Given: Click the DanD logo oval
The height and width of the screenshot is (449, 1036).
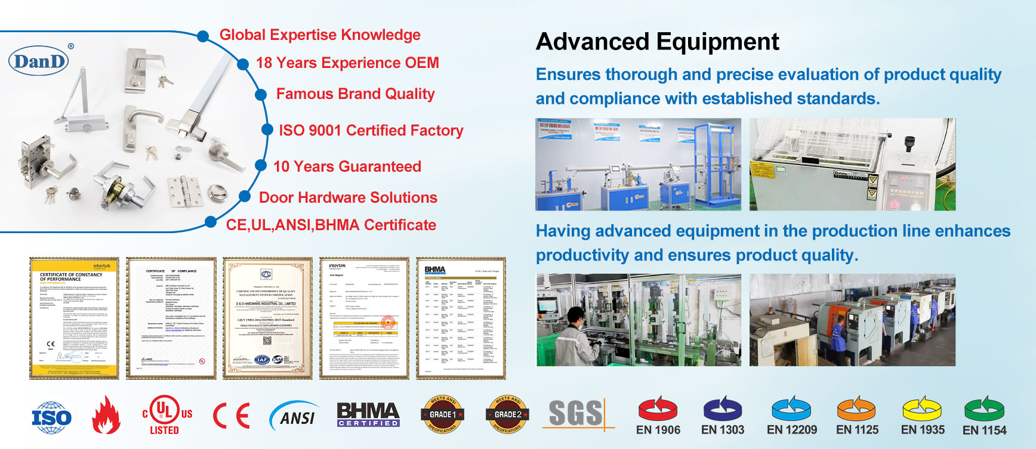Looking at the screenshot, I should point(39,61).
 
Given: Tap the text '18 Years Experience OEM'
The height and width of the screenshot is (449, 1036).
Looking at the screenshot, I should point(347,63).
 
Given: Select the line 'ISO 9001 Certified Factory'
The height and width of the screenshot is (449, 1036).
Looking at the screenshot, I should point(371,131).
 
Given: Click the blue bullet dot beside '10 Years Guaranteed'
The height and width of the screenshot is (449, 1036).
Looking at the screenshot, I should point(261,166).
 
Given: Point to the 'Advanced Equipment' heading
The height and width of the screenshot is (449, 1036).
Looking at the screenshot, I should point(657,42).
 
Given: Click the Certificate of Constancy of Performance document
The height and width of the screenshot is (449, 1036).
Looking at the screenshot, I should point(74,318).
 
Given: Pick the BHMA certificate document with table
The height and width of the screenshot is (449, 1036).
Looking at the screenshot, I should point(461,318).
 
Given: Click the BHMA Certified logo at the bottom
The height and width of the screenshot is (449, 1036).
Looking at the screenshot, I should point(368,414).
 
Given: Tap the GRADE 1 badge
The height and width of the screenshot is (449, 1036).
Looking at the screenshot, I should point(443,414).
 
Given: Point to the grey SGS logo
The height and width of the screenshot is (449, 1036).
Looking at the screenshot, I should point(576,414).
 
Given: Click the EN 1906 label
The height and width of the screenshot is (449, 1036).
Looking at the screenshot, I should point(658,430).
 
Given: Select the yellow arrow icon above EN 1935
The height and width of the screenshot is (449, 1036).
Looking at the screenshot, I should point(922,408).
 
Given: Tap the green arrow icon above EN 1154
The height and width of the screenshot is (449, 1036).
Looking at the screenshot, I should point(985,408).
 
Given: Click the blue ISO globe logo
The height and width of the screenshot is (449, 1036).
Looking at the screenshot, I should point(51,417).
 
